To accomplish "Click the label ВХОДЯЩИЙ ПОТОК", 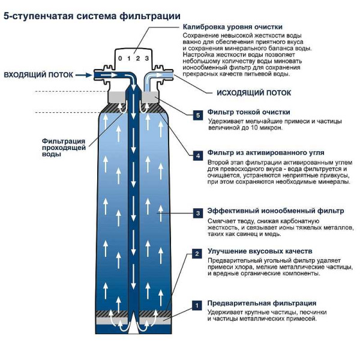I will pyautogui.click(x=38, y=75).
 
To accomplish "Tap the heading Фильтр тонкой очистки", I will pyautogui.click(x=248, y=112).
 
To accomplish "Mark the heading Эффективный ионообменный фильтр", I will pyautogui.click(x=275, y=211).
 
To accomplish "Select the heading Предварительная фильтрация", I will pyautogui.click(x=262, y=303).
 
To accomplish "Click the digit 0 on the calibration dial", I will pyautogui.click(x=121, y=58).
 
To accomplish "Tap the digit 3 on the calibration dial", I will pyautogui.click(x=146, y=58).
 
